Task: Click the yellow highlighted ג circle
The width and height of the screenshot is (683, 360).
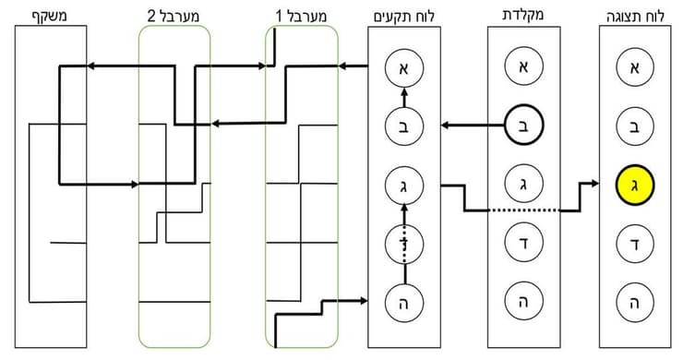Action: [634, 185]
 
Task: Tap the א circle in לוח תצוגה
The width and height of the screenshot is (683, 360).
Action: [634, 67]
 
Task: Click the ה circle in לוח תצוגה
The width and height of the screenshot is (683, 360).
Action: [634, 302]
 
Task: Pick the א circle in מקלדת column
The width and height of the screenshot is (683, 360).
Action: [523, 67]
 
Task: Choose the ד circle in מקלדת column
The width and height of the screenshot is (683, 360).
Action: [523, 244]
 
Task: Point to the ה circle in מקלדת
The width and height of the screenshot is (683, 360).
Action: [523, 302]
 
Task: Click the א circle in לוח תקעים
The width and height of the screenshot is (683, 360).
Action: [403, 67]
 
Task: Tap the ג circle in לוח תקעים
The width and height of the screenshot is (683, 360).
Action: [403, 185]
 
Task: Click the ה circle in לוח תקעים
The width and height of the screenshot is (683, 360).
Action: [403, 302]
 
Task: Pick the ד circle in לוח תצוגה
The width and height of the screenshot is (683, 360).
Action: [634, 244]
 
